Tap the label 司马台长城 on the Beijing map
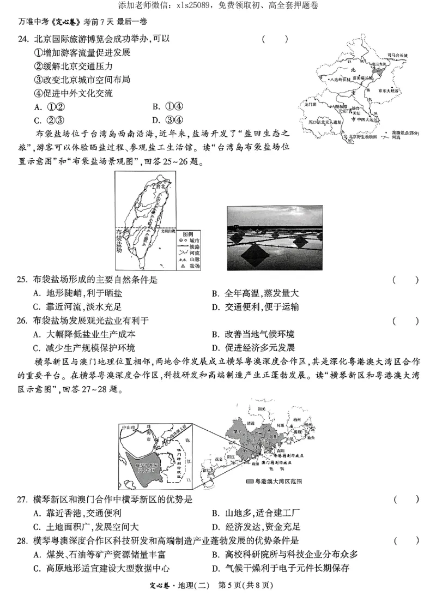(x=397, y=56)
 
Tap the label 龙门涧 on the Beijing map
(x=310, y=104)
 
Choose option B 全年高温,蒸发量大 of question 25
(x=259, y=293)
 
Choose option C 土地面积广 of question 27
(x=82, y=527)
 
